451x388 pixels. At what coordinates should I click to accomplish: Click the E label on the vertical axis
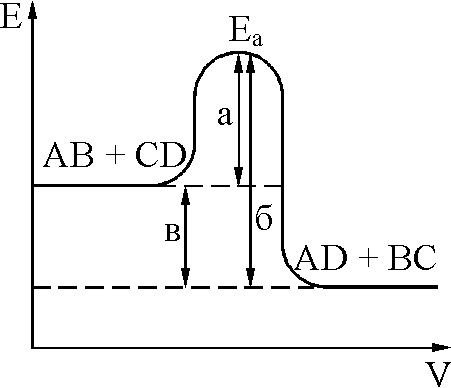(x=11, y=17)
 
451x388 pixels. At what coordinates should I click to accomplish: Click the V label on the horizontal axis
(x=436, y=374)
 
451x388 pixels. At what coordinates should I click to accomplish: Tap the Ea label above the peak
(x=246, y=35)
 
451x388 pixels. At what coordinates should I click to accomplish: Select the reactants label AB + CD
(x=115, y=155)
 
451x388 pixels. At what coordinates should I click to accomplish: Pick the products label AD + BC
(x=366, y=258)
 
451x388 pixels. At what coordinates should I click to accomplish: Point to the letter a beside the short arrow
(x=224, y=116)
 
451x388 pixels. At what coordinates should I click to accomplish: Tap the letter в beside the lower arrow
(x=173, y=233)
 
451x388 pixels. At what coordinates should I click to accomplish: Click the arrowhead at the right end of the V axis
(x=441, y=347)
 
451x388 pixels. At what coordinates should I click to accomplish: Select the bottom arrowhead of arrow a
(x=238, y=176)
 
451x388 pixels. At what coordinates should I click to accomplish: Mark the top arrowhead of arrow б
(x=250, y=63)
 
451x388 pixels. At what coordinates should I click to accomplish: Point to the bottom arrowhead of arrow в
(x=186, y=277)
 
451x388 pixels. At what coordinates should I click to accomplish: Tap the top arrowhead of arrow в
(x=186, y=196)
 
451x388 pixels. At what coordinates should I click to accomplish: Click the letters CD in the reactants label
(x=161, y=155)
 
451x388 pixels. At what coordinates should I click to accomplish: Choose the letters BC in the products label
(x=412, y=258)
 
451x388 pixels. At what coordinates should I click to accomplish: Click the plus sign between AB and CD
(x=115, y=155)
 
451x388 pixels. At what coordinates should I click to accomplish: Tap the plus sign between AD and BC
(x=368, y=258)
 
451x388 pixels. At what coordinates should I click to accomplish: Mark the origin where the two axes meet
(x=33, y=348)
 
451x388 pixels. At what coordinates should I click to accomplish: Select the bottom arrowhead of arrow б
(x=250, y=277)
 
